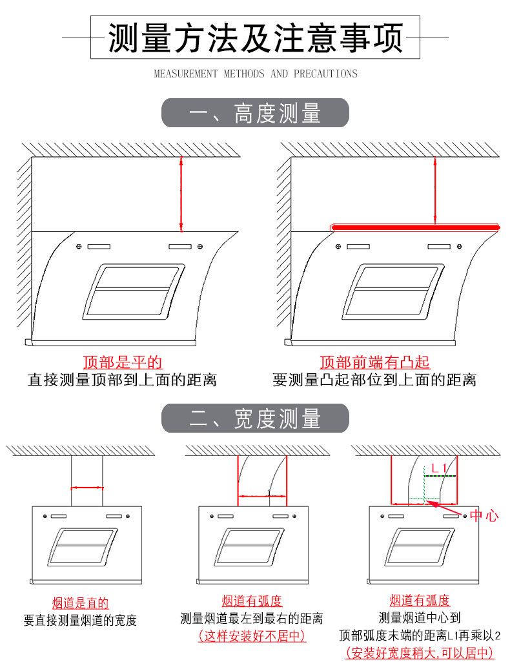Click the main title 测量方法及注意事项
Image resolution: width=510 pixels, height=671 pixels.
click(256, 37)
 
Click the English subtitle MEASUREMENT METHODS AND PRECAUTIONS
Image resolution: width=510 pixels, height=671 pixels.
click(256, 74)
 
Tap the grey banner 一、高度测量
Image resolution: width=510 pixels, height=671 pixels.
click(255, 112)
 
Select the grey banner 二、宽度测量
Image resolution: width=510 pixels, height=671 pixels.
click(255, 418)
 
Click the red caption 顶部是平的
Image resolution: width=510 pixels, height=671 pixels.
click(123, 362)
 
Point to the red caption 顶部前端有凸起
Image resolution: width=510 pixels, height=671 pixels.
click(375, 362)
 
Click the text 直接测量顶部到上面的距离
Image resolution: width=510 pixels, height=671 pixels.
click(123, 380)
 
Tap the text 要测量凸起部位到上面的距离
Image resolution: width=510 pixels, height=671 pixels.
click(375, 380)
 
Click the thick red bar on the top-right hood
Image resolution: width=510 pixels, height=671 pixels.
click(416, 227)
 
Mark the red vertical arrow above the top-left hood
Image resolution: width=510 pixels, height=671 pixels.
click(181, 194)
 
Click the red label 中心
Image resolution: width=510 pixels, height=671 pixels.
click(484, 515)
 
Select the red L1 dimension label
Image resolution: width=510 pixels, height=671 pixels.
click(439, 468)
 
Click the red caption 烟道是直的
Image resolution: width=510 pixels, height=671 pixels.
click(81, 603)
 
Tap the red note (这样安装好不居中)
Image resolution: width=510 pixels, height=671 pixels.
click(252, 636)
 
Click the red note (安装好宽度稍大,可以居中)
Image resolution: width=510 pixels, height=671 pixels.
click(420, 653)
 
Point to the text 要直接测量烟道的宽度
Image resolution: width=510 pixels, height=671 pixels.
click(81, 620)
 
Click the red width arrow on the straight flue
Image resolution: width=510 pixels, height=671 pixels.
click(87, 488)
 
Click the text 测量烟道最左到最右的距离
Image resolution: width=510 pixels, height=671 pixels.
click(252, 618)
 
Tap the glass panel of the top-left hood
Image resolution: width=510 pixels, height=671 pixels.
click(134, 292)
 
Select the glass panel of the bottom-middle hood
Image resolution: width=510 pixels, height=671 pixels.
click(249, 548)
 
